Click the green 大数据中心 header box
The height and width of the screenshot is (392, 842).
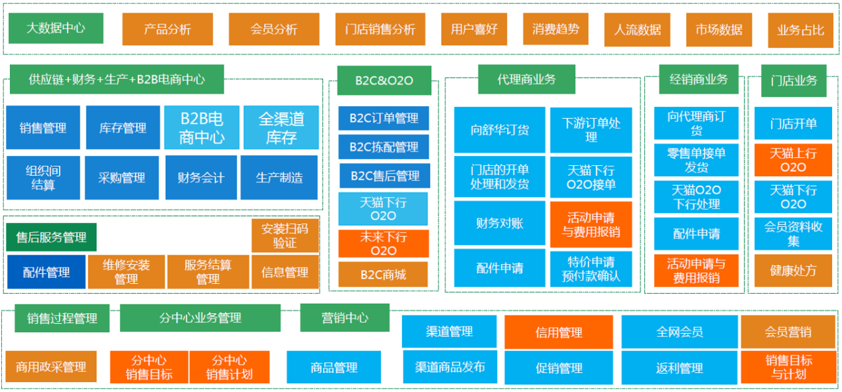pyautogui.click(x=56, y=29)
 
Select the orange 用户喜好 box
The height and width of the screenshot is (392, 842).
pyautogui.click(x=474, y=29)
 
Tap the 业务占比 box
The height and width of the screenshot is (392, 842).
pyautogui.click(x=800, y=30)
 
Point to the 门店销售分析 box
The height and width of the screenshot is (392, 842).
pyautogui.click(x=380, y=29)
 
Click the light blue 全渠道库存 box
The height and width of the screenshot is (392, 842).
pyautogui.click(x=281, y=127)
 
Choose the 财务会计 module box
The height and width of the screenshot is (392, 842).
pyautogui.click(x=200, y=178)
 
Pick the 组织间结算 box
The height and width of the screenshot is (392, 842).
pyautogui.click(x=43, y=178)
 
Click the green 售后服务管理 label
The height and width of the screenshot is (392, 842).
pyautogui.click(x=51, y=237)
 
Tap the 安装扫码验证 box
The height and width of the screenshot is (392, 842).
pyautogui.click(x=285, y=235)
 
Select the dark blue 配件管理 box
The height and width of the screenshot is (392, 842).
pyautogui.click(x=46, y=272)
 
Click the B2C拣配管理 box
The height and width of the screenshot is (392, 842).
pyautogui.click(x=384, y=147)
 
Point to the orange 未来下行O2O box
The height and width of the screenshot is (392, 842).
pyautogui.click(x=384, y=243)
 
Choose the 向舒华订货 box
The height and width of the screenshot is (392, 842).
pyautogui.click(x=500, y=130)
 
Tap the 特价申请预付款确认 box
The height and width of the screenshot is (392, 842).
pyautogui.click(x=591, y=269)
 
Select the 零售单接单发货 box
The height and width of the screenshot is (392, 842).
pyautogui.click(x=696, y=160)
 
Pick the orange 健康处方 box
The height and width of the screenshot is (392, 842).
pyautogui.click(x=793, y=271)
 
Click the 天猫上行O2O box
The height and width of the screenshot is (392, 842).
pyautogui.click(x=793, y=160)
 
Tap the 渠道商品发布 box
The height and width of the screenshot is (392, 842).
pyautogui.click(x=450, y=367)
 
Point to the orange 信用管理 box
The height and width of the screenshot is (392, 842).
pyautogui.click(x=559, y=332)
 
